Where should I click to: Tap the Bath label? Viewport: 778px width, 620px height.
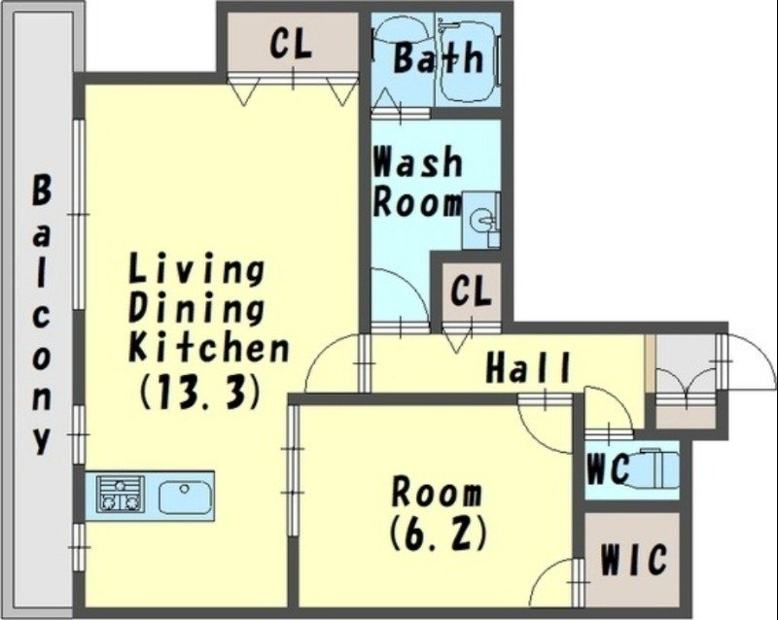[439, 58]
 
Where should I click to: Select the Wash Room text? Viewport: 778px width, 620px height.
[418, 182]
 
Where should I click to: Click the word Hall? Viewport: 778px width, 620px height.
[527, 367]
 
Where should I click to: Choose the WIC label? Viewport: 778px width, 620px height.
[633, 559]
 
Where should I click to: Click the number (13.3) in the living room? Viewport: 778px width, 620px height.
[199, 391]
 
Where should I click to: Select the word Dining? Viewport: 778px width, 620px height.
[196, 308]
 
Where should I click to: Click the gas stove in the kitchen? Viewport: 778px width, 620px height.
[121, 494]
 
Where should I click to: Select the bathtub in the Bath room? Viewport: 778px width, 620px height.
[468, 59]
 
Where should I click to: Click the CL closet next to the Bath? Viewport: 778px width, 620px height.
[293, 43]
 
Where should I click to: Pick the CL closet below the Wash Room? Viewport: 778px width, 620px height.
[472, 293]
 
